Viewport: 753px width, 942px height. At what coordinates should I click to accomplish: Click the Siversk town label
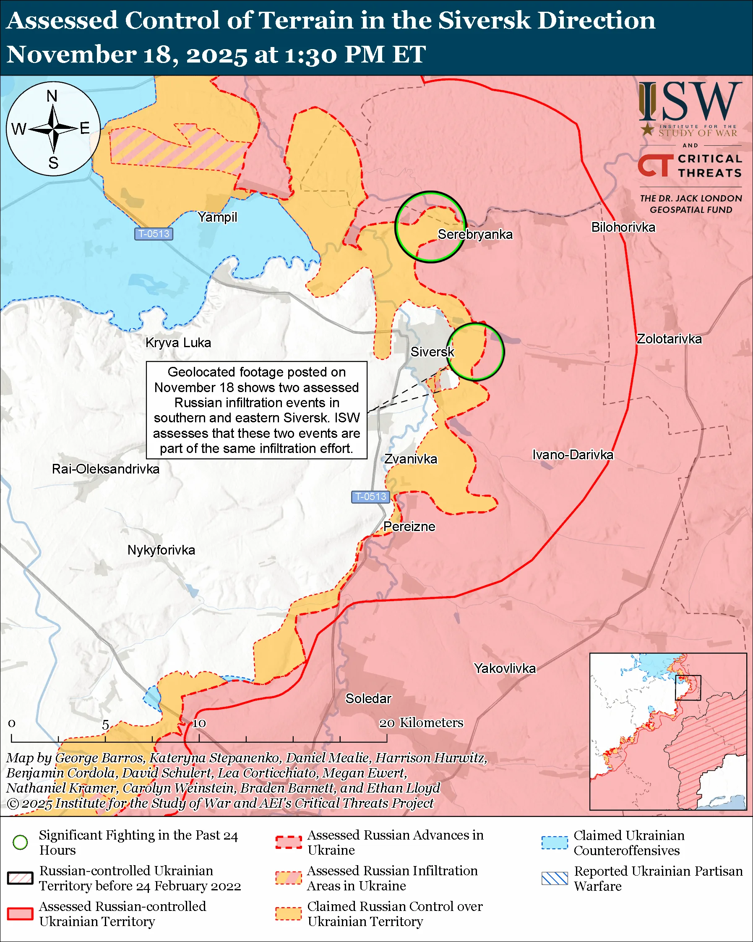(432, 352)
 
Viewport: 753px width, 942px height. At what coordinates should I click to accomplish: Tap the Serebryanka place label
(475, 234)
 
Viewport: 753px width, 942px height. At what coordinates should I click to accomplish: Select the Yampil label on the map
(217, 217)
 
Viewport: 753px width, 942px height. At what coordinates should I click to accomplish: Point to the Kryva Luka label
(178, 343)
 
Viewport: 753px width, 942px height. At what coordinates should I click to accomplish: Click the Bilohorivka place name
(623, 227)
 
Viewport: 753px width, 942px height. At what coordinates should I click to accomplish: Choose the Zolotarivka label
(669, 339)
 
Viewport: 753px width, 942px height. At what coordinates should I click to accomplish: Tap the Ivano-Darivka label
(572, 454)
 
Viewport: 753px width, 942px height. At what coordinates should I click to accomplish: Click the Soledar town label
(368, 698)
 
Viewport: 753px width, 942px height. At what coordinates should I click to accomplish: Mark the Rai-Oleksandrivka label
(106, 469)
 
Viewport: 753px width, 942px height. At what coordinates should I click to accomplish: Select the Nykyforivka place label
(161, 549)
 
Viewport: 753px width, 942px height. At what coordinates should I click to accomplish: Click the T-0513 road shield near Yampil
(154, 234)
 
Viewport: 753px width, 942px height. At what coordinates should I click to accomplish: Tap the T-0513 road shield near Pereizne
(370, 496)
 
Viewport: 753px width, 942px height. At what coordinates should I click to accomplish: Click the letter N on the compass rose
(52, 96)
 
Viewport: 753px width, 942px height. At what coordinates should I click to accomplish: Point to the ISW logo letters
(690, 102)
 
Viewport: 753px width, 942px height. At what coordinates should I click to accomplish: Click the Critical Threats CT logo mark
(655, 165)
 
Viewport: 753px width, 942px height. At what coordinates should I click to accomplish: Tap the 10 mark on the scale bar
(199, 724)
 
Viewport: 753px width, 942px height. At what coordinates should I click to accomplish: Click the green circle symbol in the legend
(20, 842)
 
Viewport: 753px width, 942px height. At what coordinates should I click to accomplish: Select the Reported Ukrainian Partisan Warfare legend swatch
(555, 878)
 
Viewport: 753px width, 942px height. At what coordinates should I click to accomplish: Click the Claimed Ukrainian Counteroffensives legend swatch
(555, 843)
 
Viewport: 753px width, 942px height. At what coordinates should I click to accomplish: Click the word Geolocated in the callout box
(196, 372)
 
